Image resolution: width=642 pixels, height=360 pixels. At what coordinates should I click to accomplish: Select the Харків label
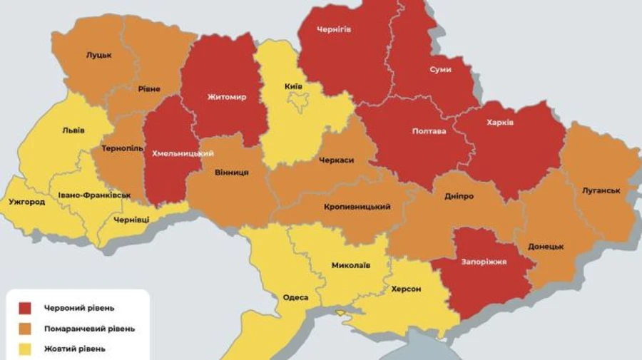tap(500, 123)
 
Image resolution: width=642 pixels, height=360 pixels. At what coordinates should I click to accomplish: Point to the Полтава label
tap(429, 132)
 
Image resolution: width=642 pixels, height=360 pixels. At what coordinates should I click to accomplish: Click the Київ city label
tap(293, 86)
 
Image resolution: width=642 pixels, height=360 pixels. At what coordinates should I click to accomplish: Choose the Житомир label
tap(227, 97)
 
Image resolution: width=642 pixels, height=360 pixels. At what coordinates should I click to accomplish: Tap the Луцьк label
tap(98, 55)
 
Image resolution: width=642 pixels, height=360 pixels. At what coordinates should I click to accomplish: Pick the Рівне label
tap(149, 89)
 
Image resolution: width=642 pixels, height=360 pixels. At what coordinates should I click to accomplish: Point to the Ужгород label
tap(28, 202)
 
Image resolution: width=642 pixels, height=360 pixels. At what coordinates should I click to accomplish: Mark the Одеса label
tap(295, 298)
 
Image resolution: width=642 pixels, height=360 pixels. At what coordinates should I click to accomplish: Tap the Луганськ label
tap(600, 191)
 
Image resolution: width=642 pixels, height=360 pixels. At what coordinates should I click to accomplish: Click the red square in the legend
tap(26, 308)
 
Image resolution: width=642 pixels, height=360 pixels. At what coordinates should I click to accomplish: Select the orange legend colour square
tap(26, 329)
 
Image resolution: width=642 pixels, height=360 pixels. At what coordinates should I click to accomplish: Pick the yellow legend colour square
tap(26, 349)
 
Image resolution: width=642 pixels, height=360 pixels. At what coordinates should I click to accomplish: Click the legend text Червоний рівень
tap(78, 308)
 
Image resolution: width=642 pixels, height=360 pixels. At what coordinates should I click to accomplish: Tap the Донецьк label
tap(546, 247)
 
